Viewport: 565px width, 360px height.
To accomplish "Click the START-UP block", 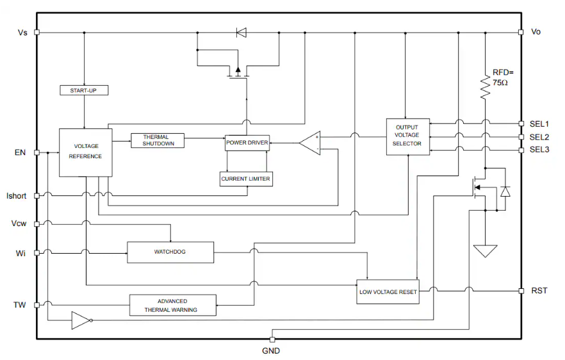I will (84, 90).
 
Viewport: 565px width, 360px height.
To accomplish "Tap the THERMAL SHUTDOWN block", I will (157, 141).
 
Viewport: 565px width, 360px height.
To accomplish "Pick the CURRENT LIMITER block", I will (246, 179).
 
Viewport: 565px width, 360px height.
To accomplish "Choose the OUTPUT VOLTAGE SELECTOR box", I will (407, 136).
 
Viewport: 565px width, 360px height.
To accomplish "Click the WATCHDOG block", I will (170, 252).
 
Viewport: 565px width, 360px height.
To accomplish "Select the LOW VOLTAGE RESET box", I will (388, 292).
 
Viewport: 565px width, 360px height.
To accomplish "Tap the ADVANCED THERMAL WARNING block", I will (172, 305).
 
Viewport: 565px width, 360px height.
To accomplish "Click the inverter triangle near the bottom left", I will (81, 320).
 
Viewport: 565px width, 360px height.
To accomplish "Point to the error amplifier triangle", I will (311, 143).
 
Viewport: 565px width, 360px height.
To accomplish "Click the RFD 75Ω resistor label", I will (504, 78).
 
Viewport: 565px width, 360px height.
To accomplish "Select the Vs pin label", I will (22, 31).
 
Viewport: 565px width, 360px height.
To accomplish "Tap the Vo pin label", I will (536, 31).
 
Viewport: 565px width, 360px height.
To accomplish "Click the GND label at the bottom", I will (271, 351).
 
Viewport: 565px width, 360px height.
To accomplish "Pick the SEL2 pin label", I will (539, 137).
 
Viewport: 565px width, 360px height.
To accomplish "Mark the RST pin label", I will (539, 291).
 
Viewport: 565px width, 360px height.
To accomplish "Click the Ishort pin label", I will (16, 195).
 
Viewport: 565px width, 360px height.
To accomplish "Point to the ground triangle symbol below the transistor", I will (486, 250).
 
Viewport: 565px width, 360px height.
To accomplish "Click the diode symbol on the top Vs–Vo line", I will (241, 31).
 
